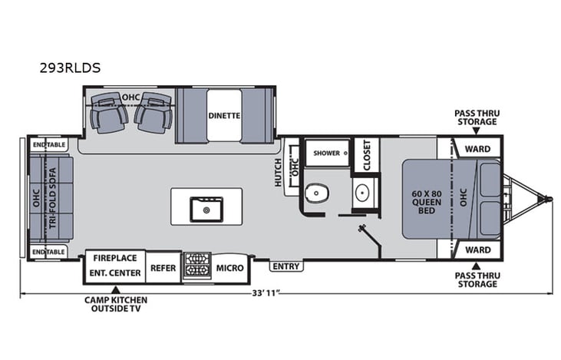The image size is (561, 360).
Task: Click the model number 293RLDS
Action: (x=70, y=68)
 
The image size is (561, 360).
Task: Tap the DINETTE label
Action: (x=224, y=115)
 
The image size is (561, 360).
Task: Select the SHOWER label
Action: (x=325, y=153)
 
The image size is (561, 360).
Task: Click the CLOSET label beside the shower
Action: (x=366, y=154)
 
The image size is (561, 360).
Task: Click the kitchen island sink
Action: (x=206, y=207)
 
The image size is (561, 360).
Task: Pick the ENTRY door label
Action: (x=286, y=266)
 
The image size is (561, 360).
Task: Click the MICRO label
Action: (x=229, y=268)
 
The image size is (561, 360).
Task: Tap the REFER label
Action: (x=163, y=268)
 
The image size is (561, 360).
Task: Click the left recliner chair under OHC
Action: (x=109, y=113)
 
